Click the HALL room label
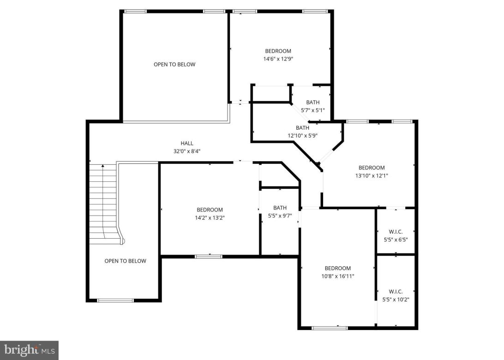[187, 143]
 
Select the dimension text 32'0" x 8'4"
[187, 151]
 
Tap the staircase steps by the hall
[102, 198]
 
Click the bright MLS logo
[29, 350]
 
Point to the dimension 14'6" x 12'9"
[278, 59]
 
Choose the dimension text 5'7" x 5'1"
[312, 110]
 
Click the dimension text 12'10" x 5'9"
[302, 136]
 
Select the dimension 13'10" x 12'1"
[372, 175]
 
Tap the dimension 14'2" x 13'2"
[210, 217]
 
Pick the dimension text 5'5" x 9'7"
[280, 216]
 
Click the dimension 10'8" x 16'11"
[337, 276]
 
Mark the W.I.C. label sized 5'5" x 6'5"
[396, 232]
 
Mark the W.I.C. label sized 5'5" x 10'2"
[396, 292]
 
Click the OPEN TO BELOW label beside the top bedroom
[174, 65]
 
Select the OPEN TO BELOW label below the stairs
[125, 261]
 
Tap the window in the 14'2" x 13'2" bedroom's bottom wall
[208, 256]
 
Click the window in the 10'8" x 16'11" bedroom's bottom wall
[330, 328]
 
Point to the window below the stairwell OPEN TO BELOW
[115, 300]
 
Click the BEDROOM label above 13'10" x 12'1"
[372, 168]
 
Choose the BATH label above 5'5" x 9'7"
[280, 208]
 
